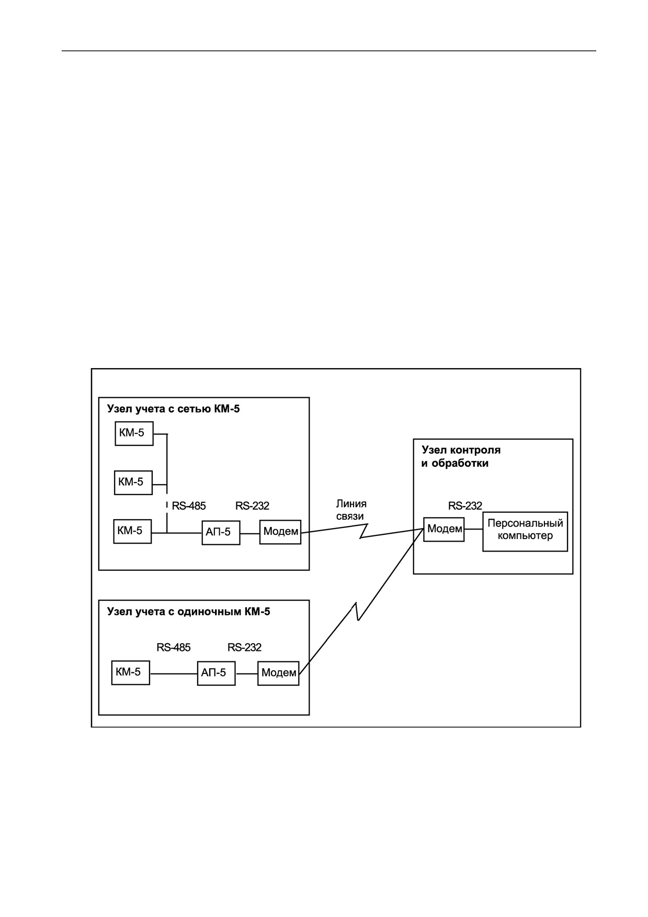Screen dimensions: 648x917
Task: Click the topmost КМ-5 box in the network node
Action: coord(134,433)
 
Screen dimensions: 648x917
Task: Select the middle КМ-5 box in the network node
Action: coord(133,482)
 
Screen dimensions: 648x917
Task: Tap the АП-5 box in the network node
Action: coord(221,533)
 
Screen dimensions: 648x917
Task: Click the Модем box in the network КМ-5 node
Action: coord(280,532)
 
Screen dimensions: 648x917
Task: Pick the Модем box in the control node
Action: coord(444,529)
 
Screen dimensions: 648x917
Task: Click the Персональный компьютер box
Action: coord(525,531)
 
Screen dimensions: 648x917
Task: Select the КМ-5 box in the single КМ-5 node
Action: coord(131,673)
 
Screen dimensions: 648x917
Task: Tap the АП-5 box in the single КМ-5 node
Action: coord(216,673)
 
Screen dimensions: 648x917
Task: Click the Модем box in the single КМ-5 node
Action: coord(278,673)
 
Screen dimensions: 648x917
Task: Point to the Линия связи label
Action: coord(351,510)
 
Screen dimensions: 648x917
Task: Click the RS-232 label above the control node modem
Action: coord(465,506)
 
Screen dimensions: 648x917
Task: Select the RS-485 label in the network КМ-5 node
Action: coord(189,506)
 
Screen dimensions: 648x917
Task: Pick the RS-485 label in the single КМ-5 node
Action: coord(174,647)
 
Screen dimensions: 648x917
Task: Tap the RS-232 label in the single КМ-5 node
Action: coord(244,647)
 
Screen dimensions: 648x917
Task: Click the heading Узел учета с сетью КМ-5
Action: coord(174,409)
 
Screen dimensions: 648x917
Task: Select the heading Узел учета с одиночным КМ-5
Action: coord(189,612)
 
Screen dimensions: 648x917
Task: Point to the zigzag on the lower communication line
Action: coord(357,612)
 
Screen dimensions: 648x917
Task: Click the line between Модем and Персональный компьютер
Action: coord(473,529)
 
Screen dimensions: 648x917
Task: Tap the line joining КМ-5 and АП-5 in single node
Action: coord(174,673)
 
